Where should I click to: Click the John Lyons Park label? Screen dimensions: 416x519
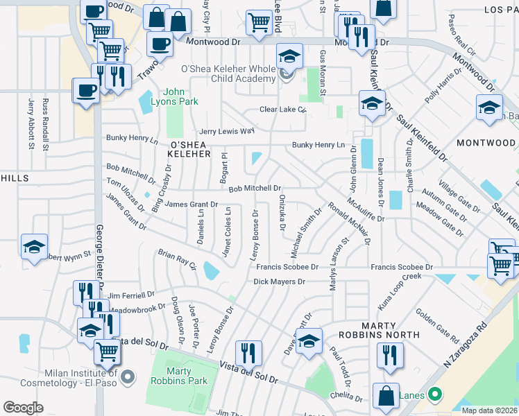180,96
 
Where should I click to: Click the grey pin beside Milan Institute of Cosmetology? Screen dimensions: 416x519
127,377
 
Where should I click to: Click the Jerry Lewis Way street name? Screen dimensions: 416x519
227,131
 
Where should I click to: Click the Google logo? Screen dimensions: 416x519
23,408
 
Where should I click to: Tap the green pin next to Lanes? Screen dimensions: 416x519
435,396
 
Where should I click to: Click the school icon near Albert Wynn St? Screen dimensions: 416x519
34,247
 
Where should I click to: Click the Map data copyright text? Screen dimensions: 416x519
489,410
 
